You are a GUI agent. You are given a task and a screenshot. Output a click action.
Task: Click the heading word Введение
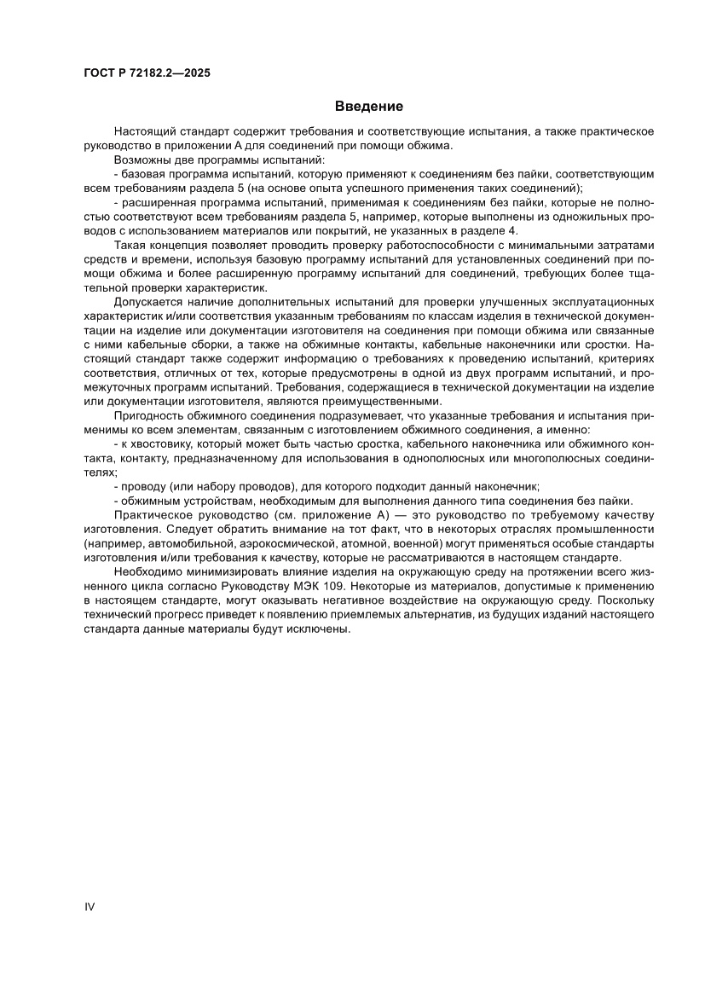pos(368,107)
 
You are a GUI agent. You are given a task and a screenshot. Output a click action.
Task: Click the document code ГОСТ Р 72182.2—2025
pos(141,73)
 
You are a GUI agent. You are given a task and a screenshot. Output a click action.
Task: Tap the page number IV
pos(89,906)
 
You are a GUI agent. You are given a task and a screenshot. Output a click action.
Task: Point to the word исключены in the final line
pos(321,629)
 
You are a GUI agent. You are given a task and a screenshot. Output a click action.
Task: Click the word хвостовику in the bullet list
pos(162,444)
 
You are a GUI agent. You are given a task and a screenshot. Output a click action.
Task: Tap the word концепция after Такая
pos(182,245)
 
